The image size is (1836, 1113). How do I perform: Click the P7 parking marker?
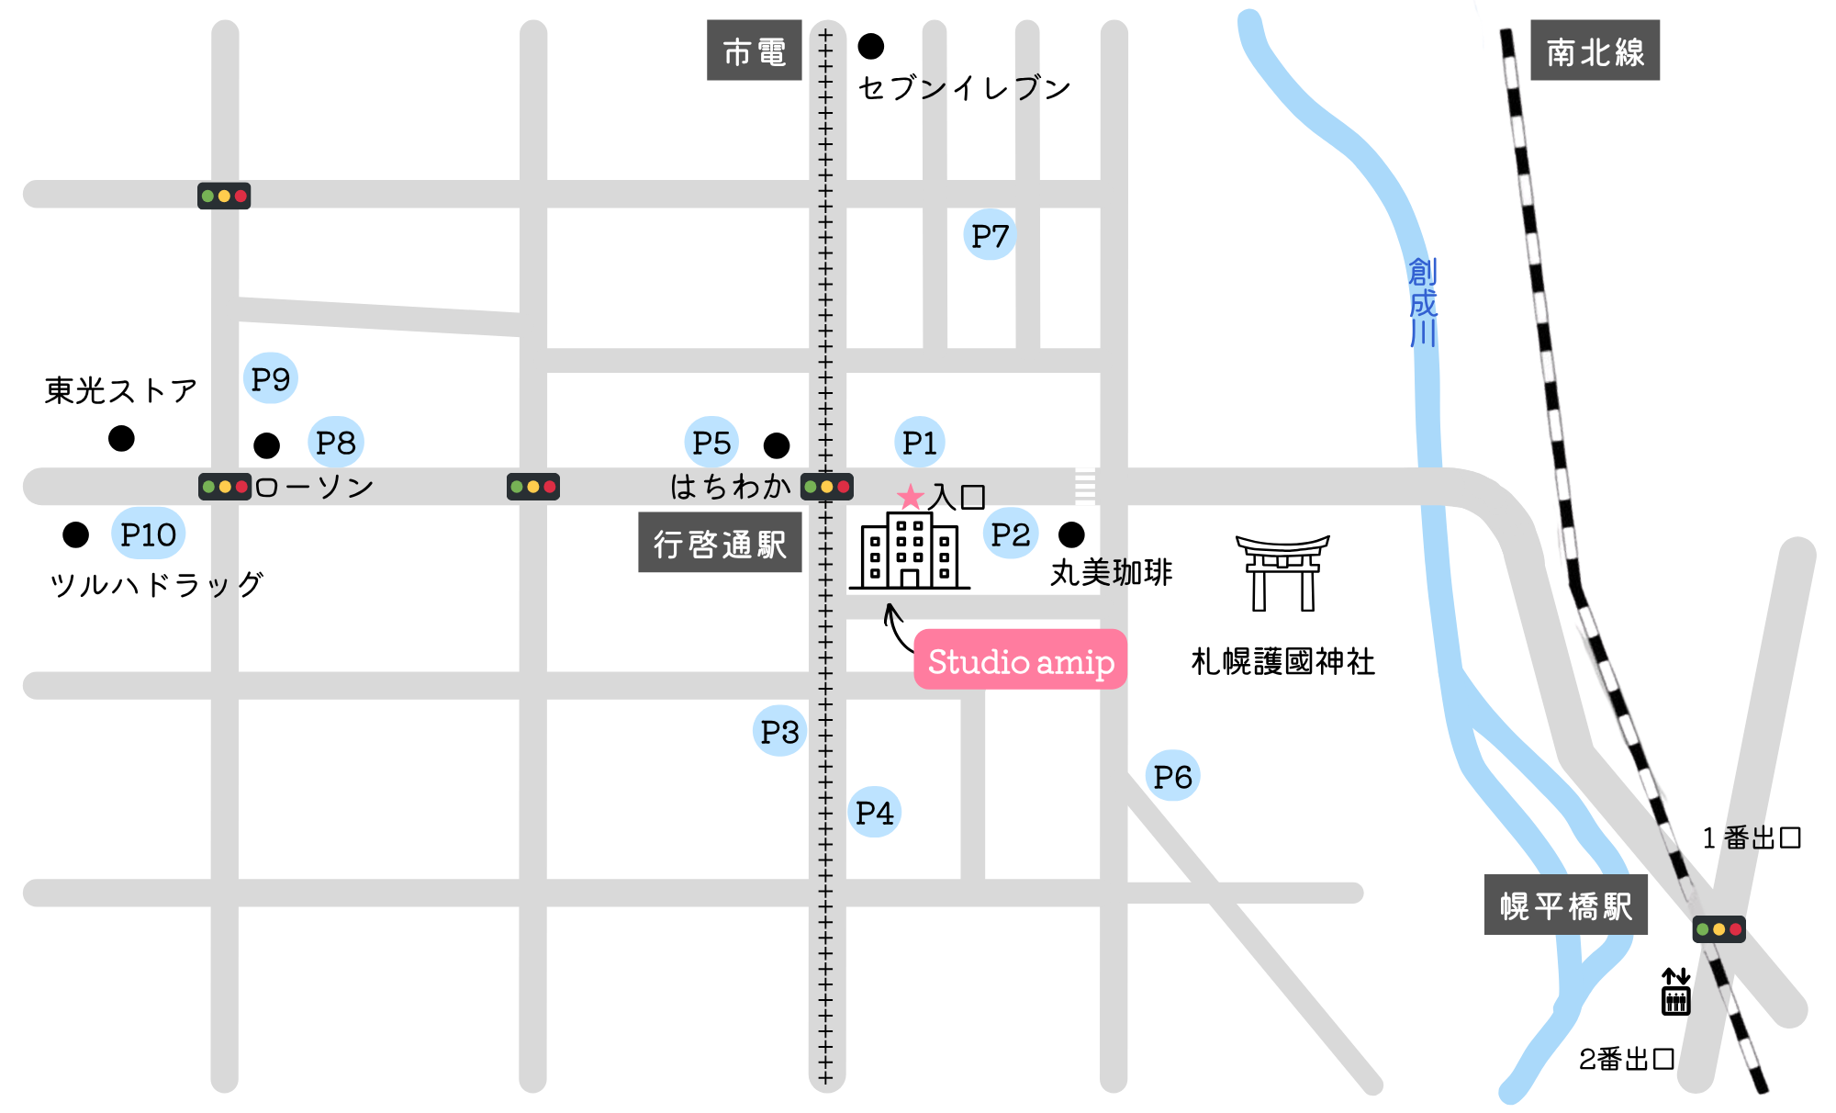990,235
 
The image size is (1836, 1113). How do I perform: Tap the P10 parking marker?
148,534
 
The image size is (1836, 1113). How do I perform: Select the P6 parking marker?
1172,776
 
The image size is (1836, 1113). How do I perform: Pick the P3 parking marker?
779,731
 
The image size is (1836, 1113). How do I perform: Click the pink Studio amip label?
1020,660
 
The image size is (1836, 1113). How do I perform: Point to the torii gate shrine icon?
1282,573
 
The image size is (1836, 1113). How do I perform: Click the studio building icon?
909,551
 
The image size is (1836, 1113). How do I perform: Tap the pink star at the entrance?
910,497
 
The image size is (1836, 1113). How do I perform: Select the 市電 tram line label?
754,51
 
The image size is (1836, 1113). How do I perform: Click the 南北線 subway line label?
1595,51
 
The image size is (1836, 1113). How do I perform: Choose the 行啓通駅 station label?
720,543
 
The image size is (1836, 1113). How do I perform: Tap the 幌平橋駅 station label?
1565,905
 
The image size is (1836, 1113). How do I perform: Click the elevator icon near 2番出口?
1675,993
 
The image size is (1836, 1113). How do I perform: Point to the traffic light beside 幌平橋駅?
1718,929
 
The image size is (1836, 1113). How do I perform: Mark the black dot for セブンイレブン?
870,46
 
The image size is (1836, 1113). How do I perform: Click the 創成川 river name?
1422,302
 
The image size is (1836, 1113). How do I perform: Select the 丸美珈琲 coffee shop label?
1111,572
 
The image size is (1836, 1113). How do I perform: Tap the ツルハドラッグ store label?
156,584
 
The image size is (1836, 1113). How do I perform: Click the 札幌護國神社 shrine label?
1282,661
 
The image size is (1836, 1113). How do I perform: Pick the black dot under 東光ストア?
121,438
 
